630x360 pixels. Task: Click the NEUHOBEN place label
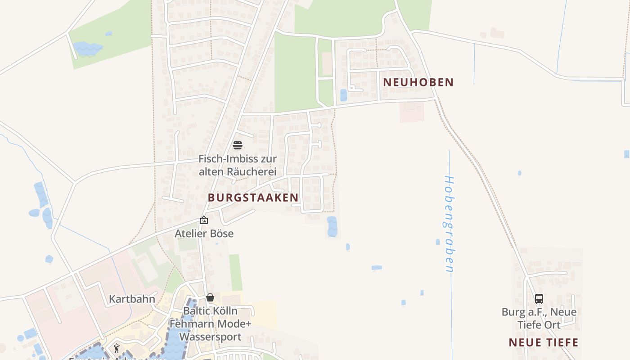[x=418, y=82]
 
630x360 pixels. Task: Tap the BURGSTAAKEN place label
[x=253, y=198]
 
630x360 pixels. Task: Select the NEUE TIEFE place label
[x=543, y=342]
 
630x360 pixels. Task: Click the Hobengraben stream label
[x=449, y=224]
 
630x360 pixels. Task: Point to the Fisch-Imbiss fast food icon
[x=238, y=145]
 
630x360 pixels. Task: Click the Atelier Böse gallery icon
[x=204, y=220]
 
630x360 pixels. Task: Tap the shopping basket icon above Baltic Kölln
[x=210, y=297]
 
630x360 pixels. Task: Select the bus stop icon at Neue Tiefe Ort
[x=539, y=298]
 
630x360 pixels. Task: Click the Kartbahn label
[x=132, y=299]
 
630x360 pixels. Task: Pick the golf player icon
[x=117, y=348]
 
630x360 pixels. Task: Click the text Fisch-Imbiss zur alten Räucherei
[x=238, y=165]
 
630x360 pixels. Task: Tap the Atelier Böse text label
[x=204, y=234]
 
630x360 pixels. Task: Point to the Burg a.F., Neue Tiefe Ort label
[x=539, y=318]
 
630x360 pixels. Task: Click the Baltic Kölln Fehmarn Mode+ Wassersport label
[x=210, y=324]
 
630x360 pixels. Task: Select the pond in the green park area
[x=87, y=48]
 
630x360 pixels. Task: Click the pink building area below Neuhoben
[x=412, y=112]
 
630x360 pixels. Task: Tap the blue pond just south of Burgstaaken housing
[x=332, y=226]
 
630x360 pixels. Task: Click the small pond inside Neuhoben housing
[x=344, y=95]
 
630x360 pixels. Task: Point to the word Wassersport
[x=210, y=337]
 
